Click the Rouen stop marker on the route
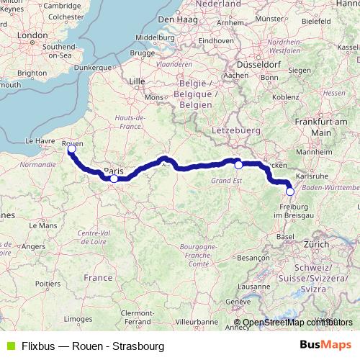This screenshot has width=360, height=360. coord(71,149)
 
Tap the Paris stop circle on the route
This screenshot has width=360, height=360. coord(114,178)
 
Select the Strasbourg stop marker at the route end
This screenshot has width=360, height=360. coord(290,192)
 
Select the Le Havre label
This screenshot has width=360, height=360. coord(41,141)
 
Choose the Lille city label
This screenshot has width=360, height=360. coord(137,82)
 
